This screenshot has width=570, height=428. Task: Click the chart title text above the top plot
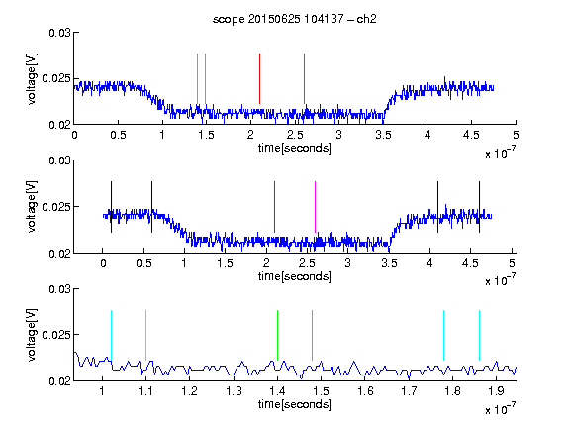(x=295, y=19)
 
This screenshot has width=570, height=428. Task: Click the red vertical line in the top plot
(x=259, y=78)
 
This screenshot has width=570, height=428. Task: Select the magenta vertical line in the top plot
(x=304, y=78)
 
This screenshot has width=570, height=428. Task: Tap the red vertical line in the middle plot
(x=274, y=207)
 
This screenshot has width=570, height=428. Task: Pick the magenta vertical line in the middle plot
(x=315, y=207)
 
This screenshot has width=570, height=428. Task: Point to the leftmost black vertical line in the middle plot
(x=111, y=207)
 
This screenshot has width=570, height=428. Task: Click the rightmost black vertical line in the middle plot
(x=479, y=207)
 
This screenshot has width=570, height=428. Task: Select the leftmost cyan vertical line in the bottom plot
(x=111, y=335)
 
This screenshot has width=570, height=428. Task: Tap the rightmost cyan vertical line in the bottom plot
(x=479, y=335)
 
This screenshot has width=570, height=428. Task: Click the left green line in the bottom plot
(x=277, y=335)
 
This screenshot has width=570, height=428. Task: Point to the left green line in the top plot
(x=197, y=78)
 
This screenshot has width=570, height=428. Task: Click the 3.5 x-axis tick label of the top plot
(x=383, y=135)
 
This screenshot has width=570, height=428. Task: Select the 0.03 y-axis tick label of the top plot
(x=59, y=33)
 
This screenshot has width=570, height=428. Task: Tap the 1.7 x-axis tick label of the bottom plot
(x=409, y=391)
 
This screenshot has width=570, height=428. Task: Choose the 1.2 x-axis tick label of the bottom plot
(x=189, y=391)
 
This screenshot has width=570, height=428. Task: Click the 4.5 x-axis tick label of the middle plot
(x=470, y=263)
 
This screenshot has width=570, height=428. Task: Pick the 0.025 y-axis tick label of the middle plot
(x=56, y=207)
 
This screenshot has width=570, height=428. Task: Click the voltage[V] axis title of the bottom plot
(x=32, y=335)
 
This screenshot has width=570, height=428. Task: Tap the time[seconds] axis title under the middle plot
(x=295, y=276)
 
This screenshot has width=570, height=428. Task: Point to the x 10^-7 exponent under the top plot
(x=500, y=153)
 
